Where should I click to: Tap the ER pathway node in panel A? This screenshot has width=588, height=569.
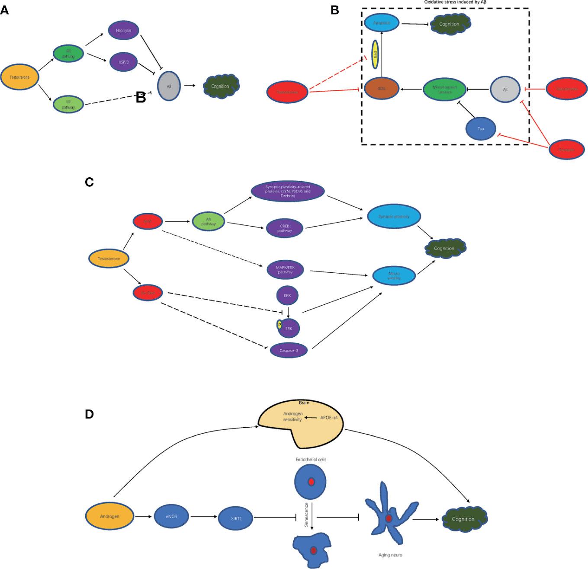(x=68, y=105)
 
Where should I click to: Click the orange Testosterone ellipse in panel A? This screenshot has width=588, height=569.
(x=20, y=77)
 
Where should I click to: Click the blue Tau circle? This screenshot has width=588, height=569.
(x=480, y=129)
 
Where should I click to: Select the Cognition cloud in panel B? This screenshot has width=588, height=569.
(x=449, y=24)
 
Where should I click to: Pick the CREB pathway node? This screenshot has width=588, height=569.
(x=285, y=228)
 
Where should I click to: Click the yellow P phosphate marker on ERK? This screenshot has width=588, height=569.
(x=280, y=325)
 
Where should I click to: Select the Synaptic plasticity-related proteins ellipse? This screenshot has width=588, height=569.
(x=288, y=192)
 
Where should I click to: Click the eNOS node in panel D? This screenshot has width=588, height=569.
(x=171, y=516)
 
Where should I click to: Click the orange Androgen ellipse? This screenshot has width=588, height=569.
(x=109, y=516)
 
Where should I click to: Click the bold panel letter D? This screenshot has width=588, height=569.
(x=90, y=414)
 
